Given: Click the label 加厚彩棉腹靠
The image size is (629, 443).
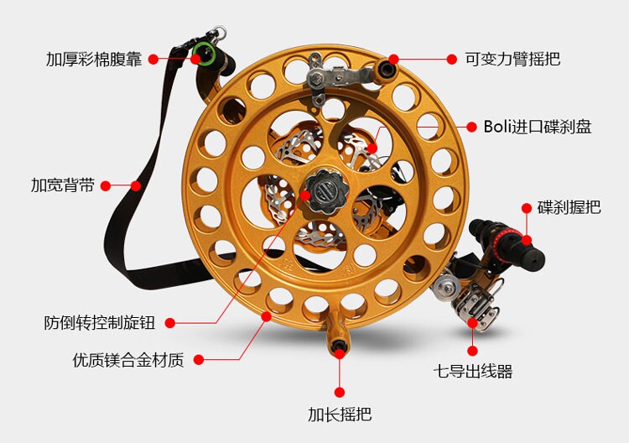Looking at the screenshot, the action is (x=96, y=60).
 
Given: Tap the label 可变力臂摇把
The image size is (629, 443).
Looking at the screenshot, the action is (x=512, y=60).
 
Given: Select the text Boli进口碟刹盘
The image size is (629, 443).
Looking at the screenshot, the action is (x=538, y=127).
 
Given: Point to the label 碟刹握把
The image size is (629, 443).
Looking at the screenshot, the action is (x=569, y=207).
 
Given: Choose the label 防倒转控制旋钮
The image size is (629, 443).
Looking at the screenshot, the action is (x=98, y=322).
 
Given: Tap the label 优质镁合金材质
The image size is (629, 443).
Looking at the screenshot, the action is (x=127, y=360).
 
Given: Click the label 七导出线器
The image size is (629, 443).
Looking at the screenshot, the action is (x=472, y=371).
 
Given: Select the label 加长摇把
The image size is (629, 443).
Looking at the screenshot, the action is (x=340, y=414).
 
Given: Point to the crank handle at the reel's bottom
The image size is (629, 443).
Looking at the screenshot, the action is (x=339, y=344).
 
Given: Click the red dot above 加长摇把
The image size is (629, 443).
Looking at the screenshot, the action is (x=340, y=391).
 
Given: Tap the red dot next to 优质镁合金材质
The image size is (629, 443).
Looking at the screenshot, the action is (x=200, y=360).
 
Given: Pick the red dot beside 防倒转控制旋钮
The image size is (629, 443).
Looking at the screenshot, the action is (x=171, y=322).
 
